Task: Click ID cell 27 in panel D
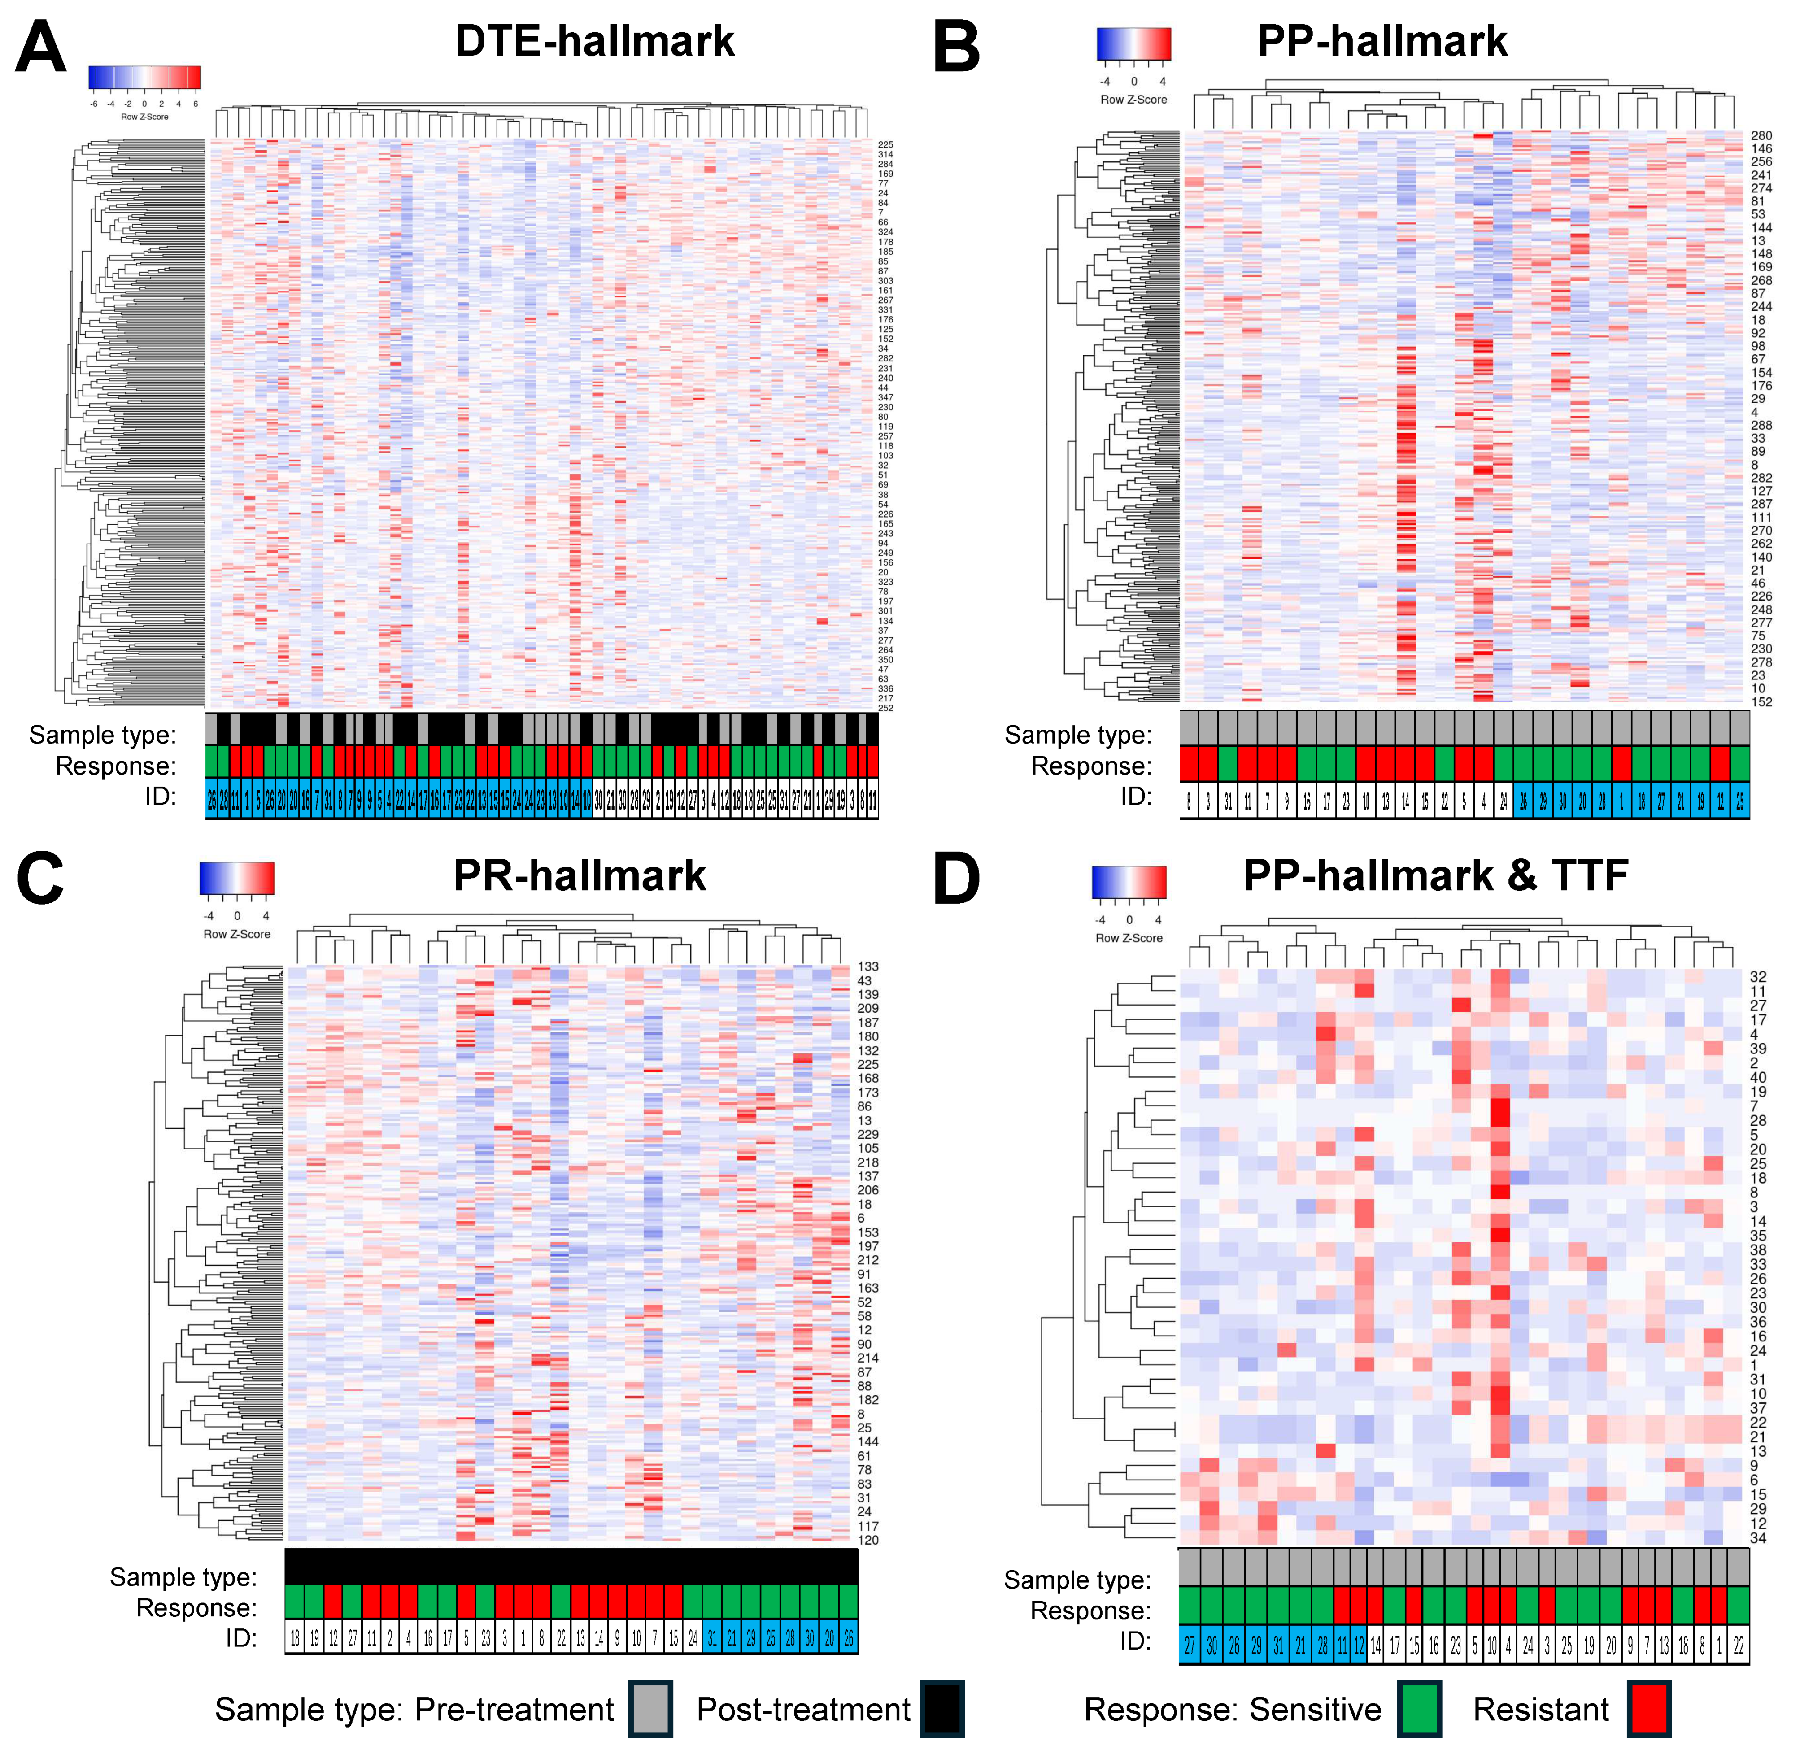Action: click(1190, 1645)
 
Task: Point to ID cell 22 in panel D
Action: click(1739, 1645)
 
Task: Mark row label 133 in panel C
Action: click(868, 966)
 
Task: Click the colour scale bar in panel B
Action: click(1133, 44)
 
